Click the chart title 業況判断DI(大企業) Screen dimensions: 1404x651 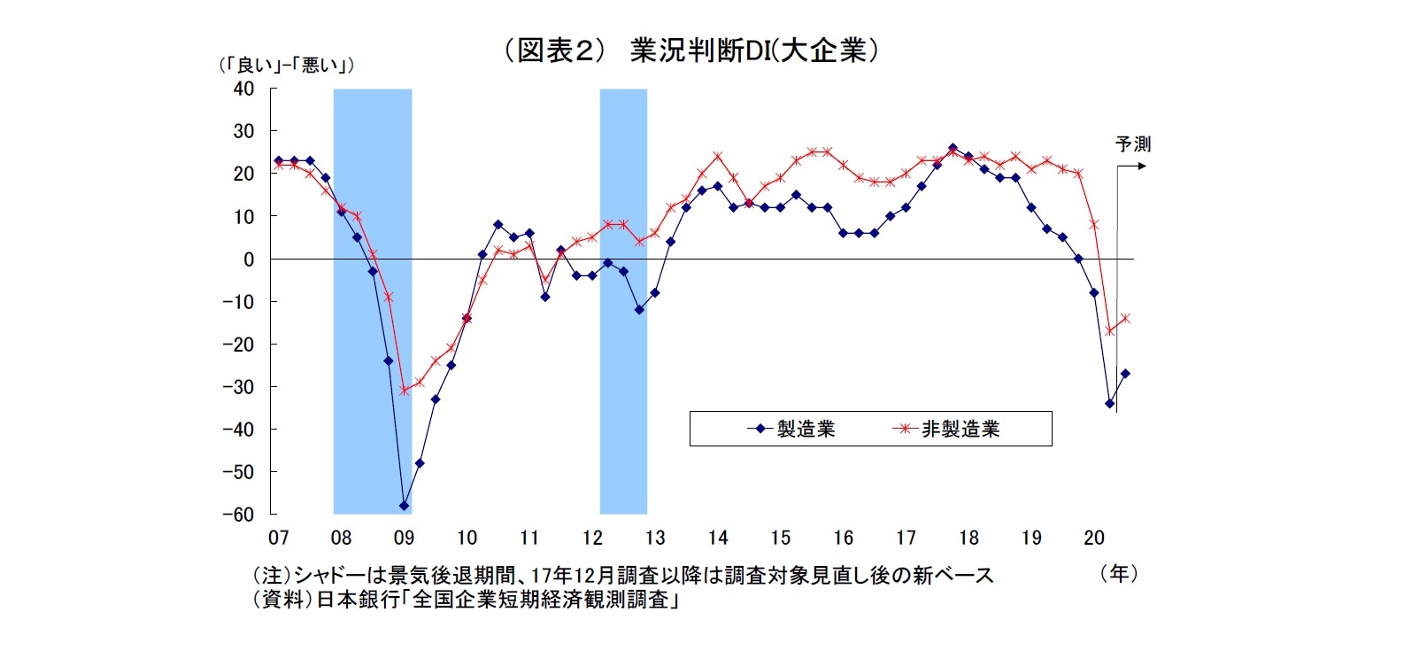click(690, 50)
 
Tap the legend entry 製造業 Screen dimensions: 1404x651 click(805, 430)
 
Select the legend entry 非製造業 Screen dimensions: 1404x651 click(960, 430)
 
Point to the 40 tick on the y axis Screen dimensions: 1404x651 click(243, 89)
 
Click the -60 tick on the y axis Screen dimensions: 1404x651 click(238, 515)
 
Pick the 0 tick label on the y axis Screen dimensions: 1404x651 click(249, 260)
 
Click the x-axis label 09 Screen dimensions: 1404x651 click(404, 538)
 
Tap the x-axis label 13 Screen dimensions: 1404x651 click(655, 538)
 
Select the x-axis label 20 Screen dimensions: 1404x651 click(1094, 538)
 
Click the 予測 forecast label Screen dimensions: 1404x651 click(1132, 143)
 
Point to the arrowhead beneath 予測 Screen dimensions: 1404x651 click(1142, 166)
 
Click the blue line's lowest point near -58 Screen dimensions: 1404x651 click(404, 506)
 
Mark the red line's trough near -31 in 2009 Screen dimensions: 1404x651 click(404, 391)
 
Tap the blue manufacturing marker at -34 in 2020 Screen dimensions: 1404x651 click(1109, 404)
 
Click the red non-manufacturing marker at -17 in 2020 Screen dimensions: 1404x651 click(1109, 331)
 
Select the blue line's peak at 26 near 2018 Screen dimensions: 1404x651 click(953, 148)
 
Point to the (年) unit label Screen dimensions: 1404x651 click(1119, 574)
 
